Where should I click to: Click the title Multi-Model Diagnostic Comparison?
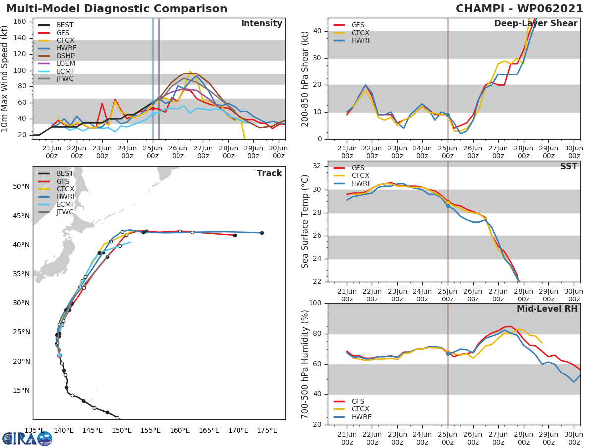click(117, 9)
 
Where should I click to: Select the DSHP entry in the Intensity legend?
click(66, 56)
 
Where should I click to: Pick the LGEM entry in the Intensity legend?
click(66, 64)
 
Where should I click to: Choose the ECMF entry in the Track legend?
click(65, 204)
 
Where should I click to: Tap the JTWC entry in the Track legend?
click(65, 212)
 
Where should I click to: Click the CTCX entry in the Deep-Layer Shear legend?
click(361, 33)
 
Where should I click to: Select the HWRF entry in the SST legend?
click(361, 183)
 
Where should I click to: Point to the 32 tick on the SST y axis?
click(318, 166)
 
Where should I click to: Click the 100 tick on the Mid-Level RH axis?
click(315, 303)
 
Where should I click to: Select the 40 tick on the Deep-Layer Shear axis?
click(318, 31)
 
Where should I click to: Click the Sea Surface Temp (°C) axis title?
click(305, 222)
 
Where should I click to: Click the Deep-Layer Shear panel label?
click(535, 24)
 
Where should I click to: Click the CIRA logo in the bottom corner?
click(27, 438)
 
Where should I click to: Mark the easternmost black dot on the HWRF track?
click(262, 233)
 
